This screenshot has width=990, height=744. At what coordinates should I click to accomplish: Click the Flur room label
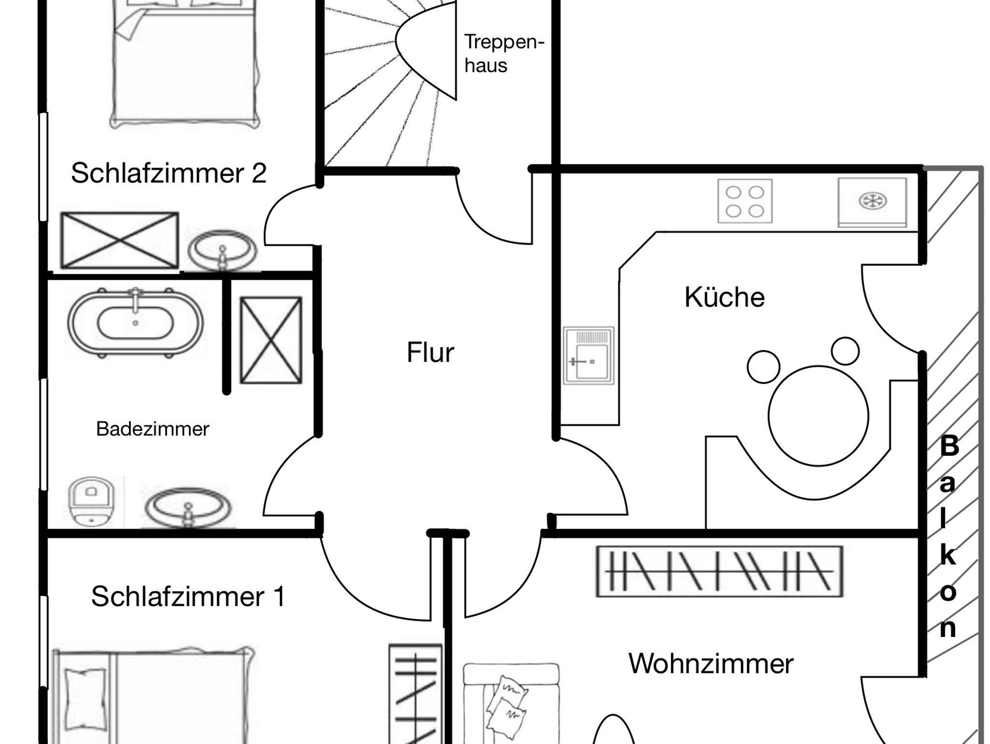tap(430, 352)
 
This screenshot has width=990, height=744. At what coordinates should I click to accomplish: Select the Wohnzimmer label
tap(711, 663)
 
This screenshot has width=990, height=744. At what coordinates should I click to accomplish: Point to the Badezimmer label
tap(152, 429)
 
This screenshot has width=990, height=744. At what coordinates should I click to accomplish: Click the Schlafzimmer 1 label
tap(188, 596)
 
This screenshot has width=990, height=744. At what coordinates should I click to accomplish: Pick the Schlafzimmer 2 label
tap(169, 173)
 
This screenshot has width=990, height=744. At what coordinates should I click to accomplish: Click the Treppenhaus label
tap(504, 53)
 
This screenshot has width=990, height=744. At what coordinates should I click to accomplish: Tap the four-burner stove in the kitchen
tap(744, 201)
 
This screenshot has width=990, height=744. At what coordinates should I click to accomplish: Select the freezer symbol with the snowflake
tap(872, 202)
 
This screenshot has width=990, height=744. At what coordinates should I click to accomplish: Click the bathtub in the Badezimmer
tap(135, 323)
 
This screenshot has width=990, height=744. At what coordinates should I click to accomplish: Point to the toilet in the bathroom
tap(90, 501)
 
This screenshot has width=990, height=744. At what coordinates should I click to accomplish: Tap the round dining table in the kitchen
tap(818, 416)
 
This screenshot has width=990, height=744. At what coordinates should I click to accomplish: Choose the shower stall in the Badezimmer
tap(271, 340)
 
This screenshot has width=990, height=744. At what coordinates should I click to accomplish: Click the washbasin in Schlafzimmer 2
tap(222, 251)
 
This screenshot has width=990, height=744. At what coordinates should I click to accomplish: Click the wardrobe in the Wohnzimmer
tap(719, 571)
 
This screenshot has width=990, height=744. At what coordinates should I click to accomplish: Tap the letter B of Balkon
tap(949, 446)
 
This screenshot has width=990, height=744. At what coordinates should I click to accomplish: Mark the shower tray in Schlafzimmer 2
tap(119, 240)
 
